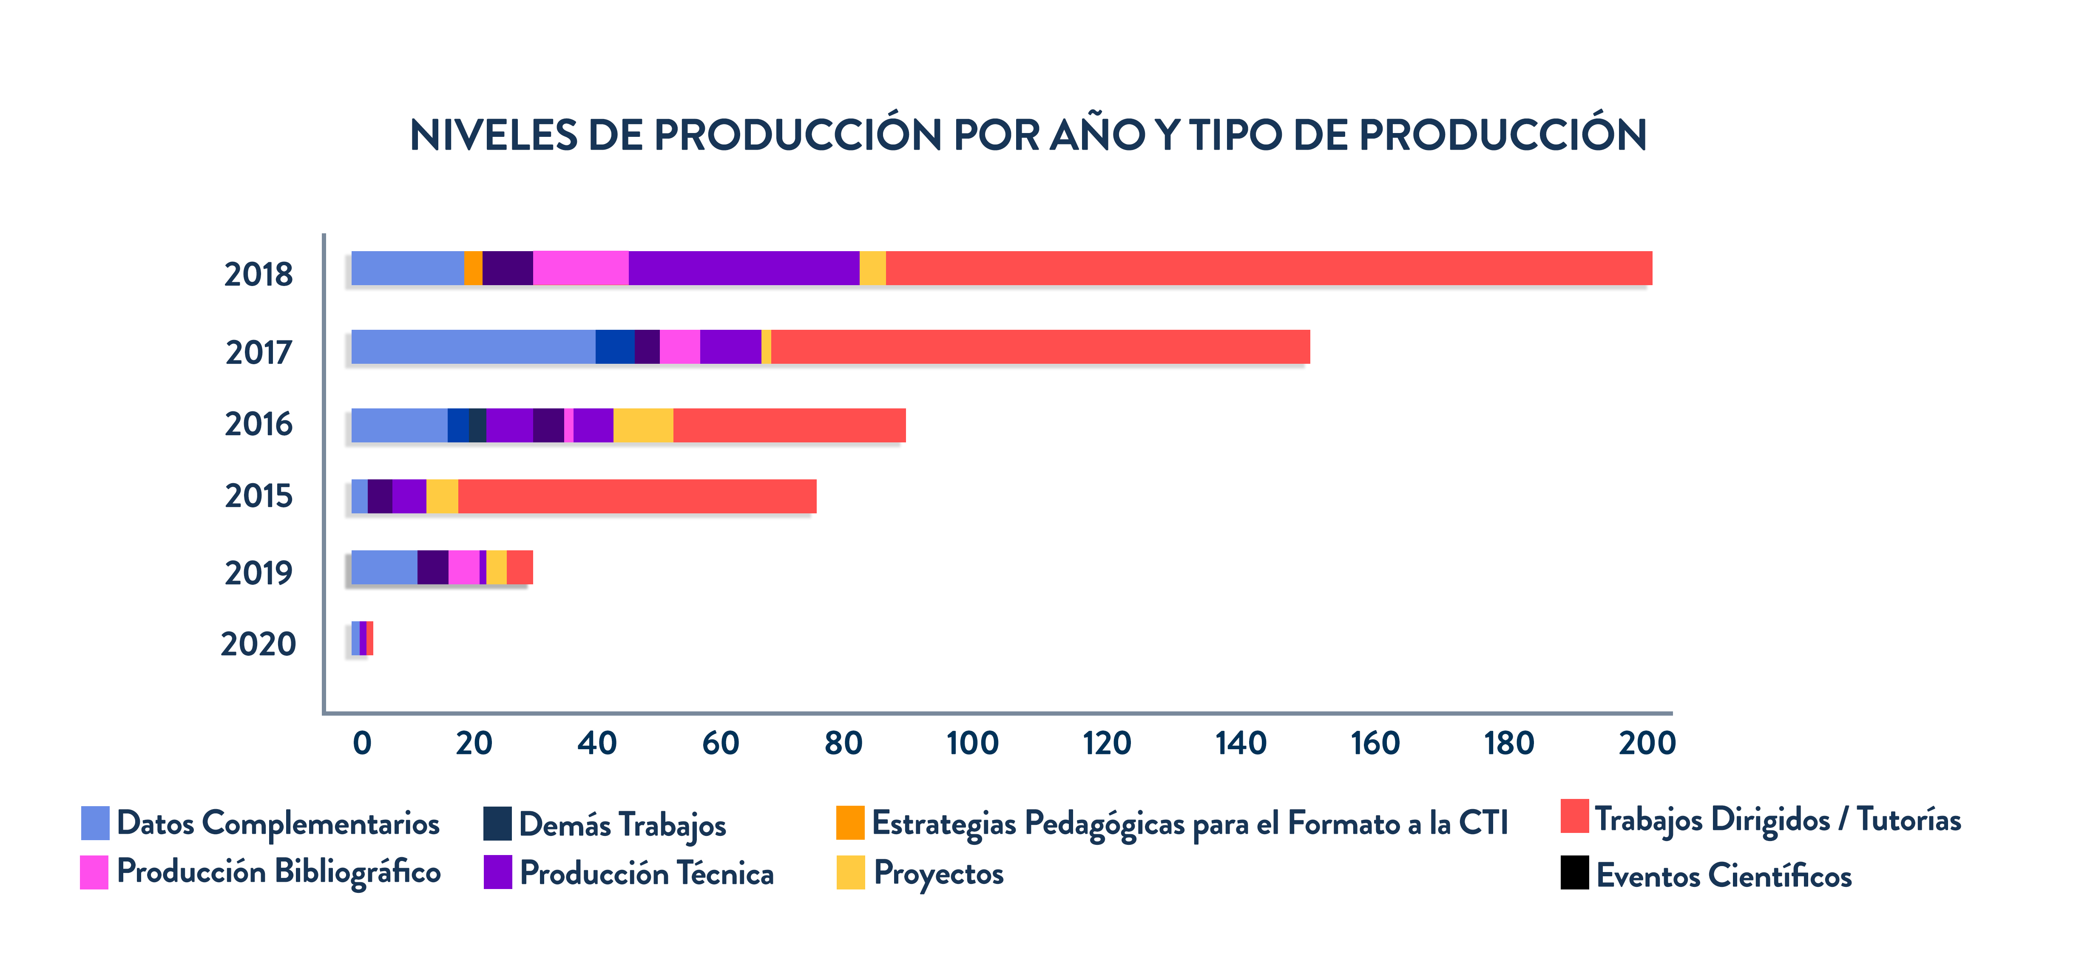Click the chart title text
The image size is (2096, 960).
click(1028, 135)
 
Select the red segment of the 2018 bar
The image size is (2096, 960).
click(1268, 269)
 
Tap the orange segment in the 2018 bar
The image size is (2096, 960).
click(473, 269)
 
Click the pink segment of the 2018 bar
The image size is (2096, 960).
click(580, 269)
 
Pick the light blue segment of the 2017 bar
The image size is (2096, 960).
click(473, 347)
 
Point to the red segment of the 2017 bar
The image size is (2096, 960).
click(1040, 347)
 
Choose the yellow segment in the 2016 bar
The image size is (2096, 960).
click(643, 425)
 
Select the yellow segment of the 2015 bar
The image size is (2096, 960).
click(442, 496)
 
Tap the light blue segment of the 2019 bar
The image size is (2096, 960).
click(384, 567)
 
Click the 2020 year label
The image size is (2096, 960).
click(258, 644)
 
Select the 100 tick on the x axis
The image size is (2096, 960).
click(972, 743)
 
